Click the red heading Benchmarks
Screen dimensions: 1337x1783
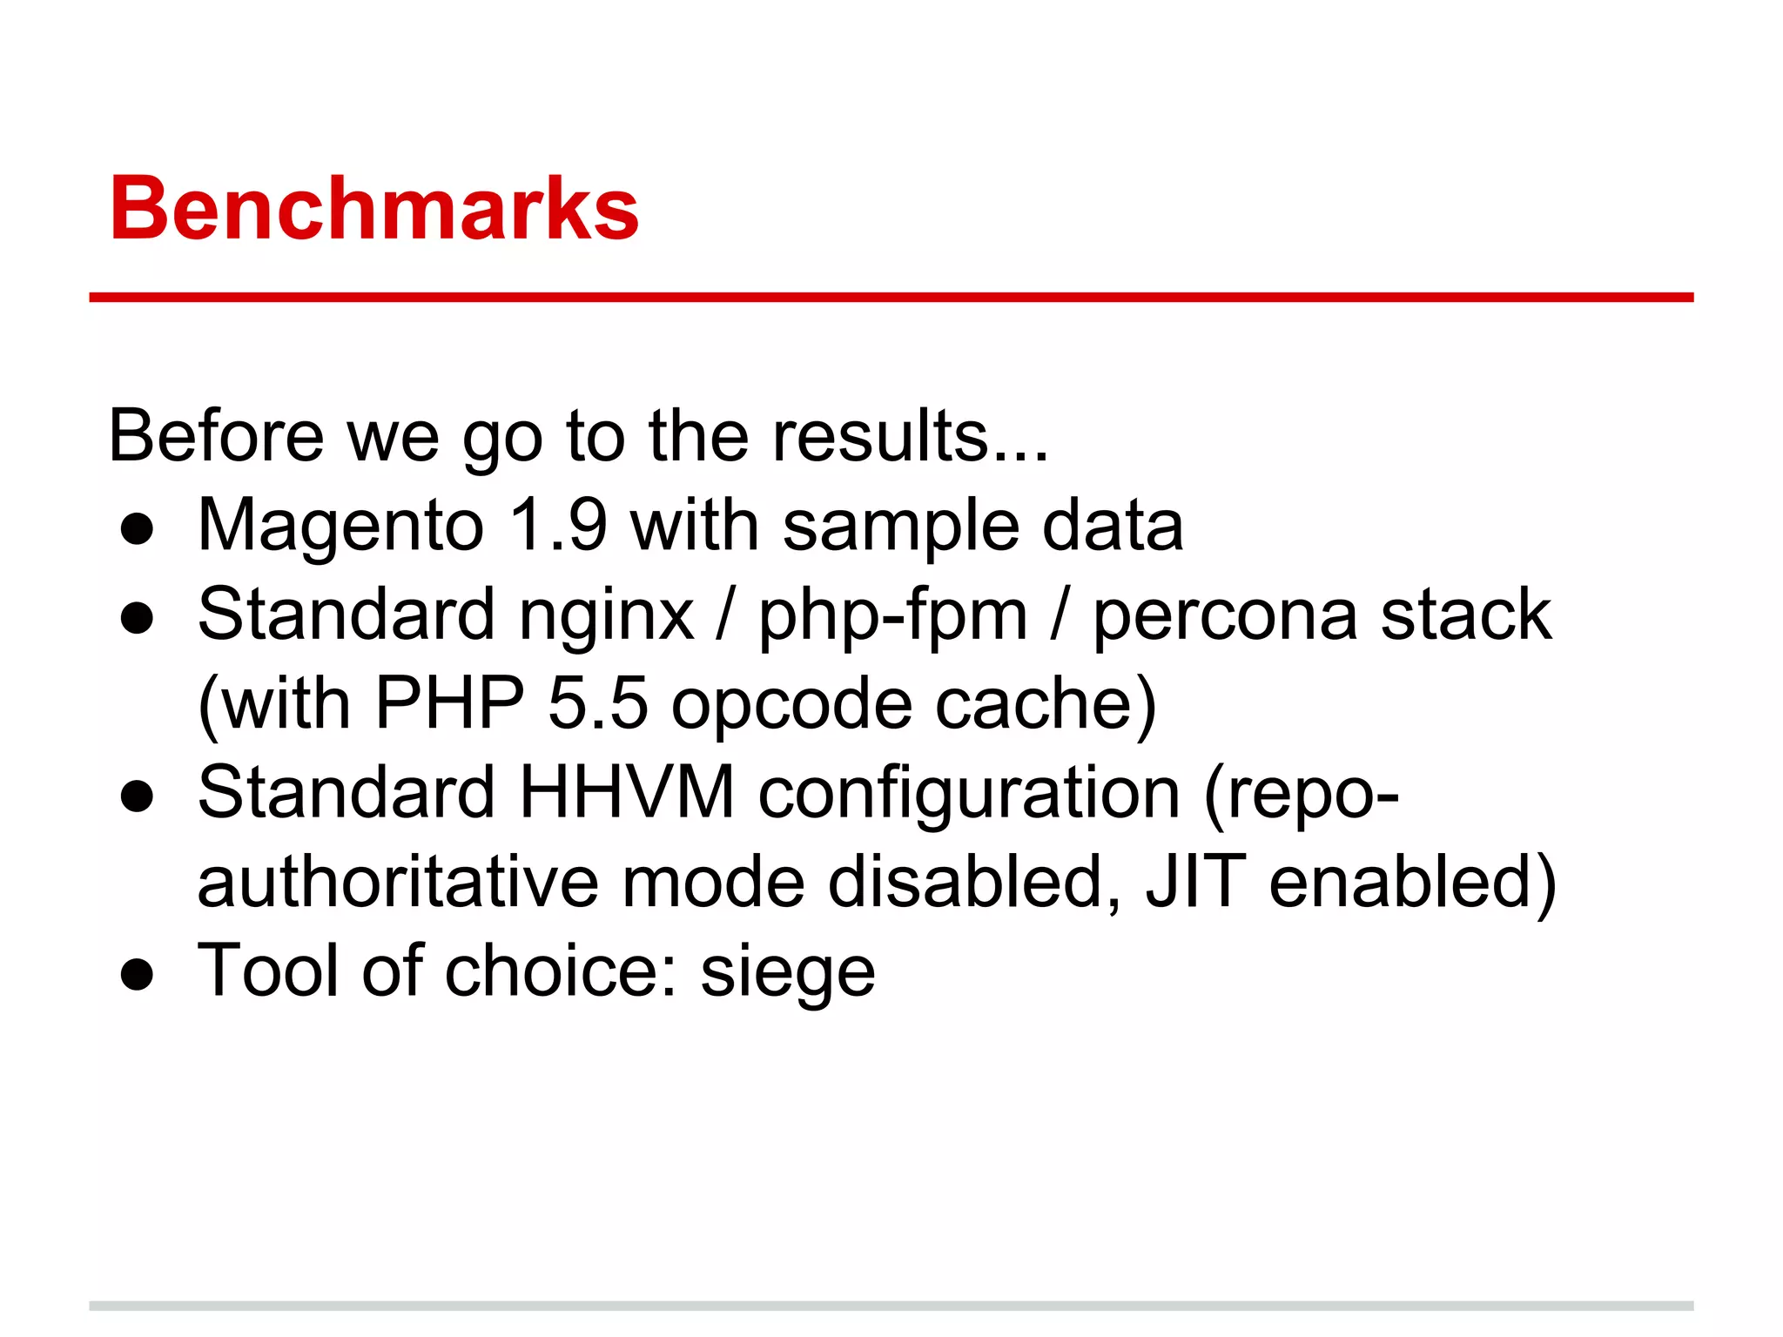pyautogui.click(x=374, y=209)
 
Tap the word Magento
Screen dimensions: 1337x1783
pyautogui.click(x=340, y=527)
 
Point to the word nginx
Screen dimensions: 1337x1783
pyautogui.click(x=606, y=616)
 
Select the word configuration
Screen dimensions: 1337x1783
pyautogui.click(x=969, y=794)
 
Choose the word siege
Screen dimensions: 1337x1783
pyautogui.click(x=787, y=973)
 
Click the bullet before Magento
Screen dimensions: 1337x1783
pyautogui.click(x=138, y=529)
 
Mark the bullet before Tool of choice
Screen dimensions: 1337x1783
pyautogui.click(x=138, y=975)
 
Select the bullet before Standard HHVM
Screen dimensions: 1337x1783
pyautogui.click(x=138, y=796)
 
